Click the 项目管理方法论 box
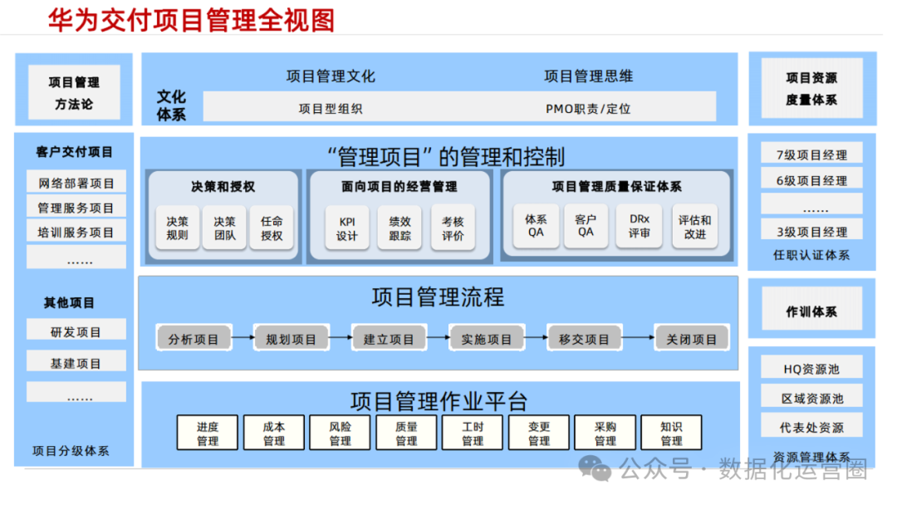tap(74, 93)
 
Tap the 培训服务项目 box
tap(76, 233)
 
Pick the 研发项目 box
tap(76, 332)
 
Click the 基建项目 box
tap(76, 363)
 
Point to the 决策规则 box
tap(177, 228)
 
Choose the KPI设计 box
tap(346, 228)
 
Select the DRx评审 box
tap(639, 227)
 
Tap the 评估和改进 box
tap(694, 227)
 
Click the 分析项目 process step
tap(194, 339)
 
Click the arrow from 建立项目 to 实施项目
tap(438, 337)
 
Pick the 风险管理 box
tap(340, 434)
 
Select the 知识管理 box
tap(671, 434)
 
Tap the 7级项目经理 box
tap(811, 154)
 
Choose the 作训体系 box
tap(811, 312)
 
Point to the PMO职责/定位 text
tap(588, 108)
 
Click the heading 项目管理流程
tap(438, 297)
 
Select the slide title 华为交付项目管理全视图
tap(191, 19)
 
